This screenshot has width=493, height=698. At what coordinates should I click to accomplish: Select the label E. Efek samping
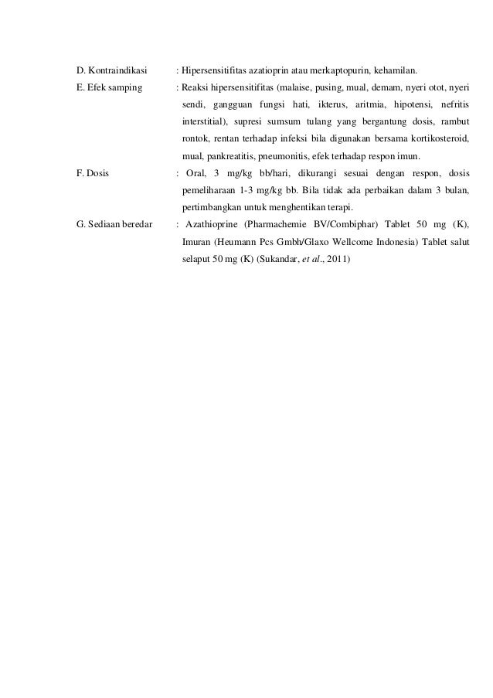click(109, 87)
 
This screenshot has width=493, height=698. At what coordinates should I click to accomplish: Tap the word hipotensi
click(414, 104)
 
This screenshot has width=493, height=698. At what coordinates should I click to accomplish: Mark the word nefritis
click(455, 104)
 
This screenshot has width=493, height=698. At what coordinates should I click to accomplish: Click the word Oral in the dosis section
click(198, 173)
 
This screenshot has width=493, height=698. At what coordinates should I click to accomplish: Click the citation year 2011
click(338, 259)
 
